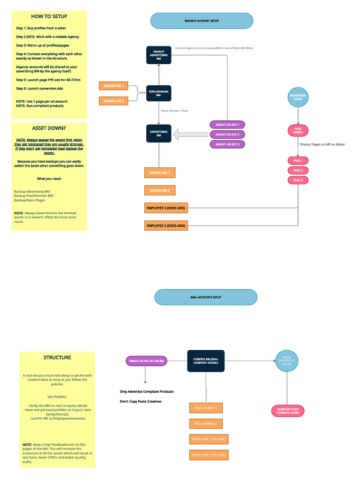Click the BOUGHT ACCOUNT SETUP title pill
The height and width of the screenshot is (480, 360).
pyautogui.click(x=202, y=21)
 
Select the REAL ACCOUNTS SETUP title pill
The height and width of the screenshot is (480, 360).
pyautogui.click(x=206, y=297)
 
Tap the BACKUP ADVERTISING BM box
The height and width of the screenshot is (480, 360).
pyautogui.click(x=158, y=55)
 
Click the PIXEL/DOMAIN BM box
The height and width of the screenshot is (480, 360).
pyautogui.click(x=158, y=93)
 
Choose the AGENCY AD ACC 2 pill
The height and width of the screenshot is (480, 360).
pyautogui.click(x=227, y=135)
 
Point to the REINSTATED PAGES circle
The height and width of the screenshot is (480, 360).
pyautogui.click(x=298, y=97)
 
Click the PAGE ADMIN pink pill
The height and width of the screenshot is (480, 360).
pyautogui.click(x=298, y=131)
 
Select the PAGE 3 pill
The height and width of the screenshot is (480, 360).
pyautogui.click(x=298, y=180)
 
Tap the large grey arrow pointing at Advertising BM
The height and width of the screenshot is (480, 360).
pyautogui.click(x=190, y=135)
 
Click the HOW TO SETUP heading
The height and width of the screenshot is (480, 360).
pyautogui.click(x=49, y=16)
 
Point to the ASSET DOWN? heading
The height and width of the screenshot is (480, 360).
pyautogui.click(x=49, y=128)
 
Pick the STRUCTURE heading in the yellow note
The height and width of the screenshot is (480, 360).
pyautogui.click(x=57, y=358)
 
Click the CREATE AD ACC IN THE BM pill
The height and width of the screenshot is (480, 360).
pyautogui.click(x=146, y=361)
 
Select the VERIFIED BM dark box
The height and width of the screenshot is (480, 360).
pyautogui.click(x=206, y=361)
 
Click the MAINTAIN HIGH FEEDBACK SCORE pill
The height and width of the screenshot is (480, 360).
pyautogui.click(x=288, y=411)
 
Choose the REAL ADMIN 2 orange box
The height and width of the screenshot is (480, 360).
pyautogui.click(x=206, y=424)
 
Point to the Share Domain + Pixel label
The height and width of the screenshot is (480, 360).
pyautogui.click(x=174, y=111)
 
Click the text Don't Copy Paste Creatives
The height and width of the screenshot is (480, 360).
pyautogui.click(x=141, y=402)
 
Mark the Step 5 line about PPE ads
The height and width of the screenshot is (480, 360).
pyautogui.click(x=48, y=80)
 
